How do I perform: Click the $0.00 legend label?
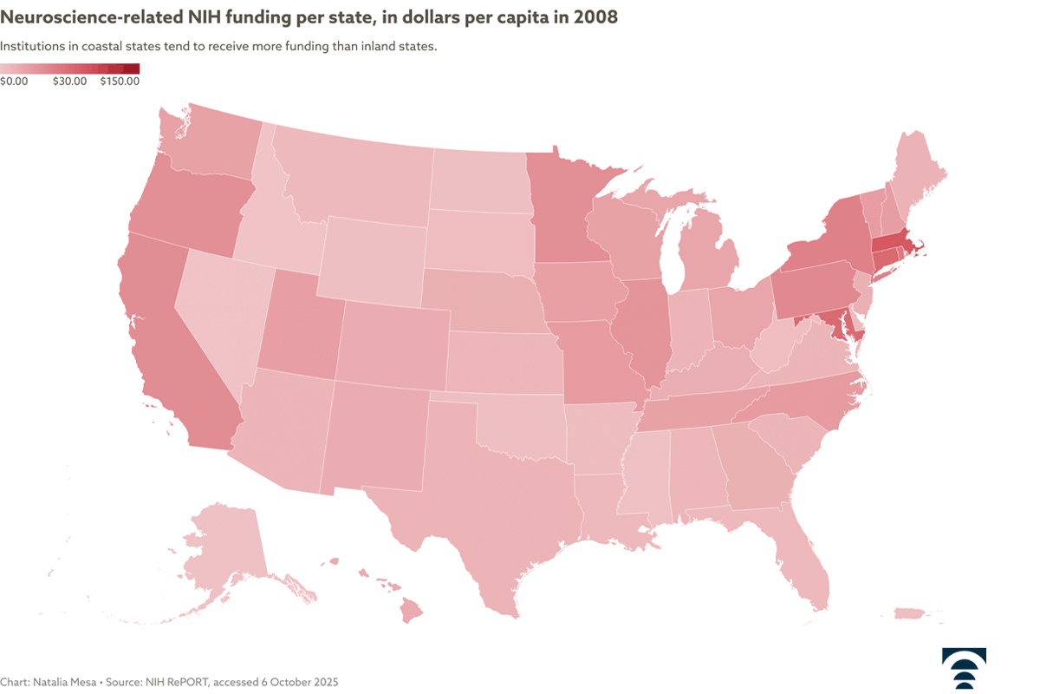[x=15, y=82]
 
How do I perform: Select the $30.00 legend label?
[x=69, y=82]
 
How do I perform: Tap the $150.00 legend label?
[x=120, y=82]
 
